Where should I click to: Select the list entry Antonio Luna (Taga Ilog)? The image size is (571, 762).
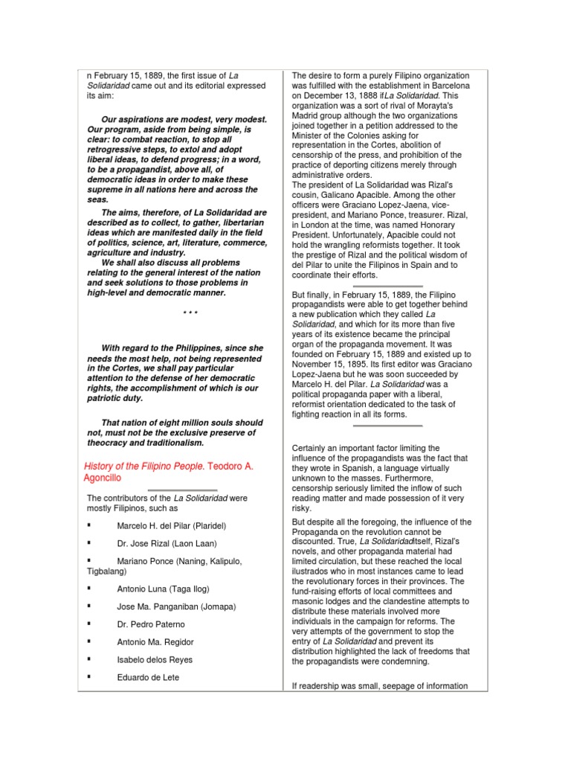pos(164,588)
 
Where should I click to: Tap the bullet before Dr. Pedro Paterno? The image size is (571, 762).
pos(89,624)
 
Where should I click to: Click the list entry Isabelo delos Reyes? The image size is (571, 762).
pos(155,659)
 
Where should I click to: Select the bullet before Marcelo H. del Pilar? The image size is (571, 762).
pos(89,525)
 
